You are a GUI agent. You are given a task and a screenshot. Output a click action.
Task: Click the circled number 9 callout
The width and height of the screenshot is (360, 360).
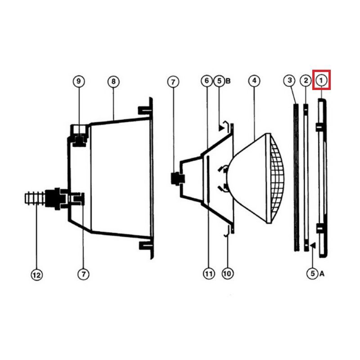click(x=79, y=81)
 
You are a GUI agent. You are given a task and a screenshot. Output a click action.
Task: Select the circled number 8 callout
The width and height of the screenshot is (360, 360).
click(x=113, y=81)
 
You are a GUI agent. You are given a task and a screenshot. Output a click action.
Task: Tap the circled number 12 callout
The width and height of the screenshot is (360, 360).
click(x=37, y=275)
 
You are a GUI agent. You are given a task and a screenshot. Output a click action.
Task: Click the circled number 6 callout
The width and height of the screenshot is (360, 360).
click(x=207, y=81)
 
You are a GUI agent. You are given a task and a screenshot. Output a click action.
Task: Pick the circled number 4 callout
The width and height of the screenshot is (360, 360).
click(x=254, y=81)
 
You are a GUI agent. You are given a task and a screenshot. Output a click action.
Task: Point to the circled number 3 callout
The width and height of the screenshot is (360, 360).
click(x=290, y=81)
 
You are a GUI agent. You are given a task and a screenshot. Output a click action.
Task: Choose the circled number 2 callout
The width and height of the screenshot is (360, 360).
click(x=306, y=81)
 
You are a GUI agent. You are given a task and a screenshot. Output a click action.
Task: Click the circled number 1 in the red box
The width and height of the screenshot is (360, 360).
click(x=321, y=81)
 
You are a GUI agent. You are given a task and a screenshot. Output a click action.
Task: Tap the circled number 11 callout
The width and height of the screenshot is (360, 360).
click(x=209, y=274)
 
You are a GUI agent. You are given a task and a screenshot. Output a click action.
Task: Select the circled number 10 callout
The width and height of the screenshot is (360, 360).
click(x=228, y=274)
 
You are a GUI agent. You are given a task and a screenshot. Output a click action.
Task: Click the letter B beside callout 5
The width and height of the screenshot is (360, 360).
click(x=228, y=81)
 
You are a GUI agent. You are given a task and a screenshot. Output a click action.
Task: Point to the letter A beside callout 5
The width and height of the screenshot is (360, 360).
click(x=322, y=274)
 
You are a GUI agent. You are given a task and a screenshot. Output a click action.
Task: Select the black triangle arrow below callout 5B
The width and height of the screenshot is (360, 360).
click(x=221, y=128)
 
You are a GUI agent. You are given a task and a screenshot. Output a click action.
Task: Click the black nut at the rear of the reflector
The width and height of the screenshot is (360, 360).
click(x=178, y=179)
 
